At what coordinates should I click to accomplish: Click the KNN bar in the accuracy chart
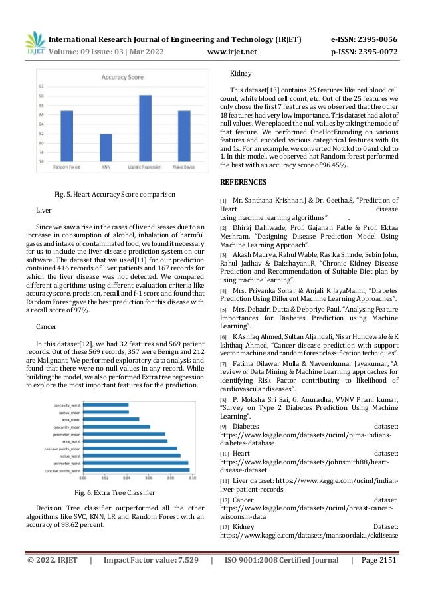tap(106, 147)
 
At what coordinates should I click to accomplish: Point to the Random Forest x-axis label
tap(66, 167)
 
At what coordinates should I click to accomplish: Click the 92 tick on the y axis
tap(42, 86)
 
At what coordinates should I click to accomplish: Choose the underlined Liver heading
tap(43, 210)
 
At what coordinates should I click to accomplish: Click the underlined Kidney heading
tap(240, 74)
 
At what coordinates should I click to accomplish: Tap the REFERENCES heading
tap(243, 182)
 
